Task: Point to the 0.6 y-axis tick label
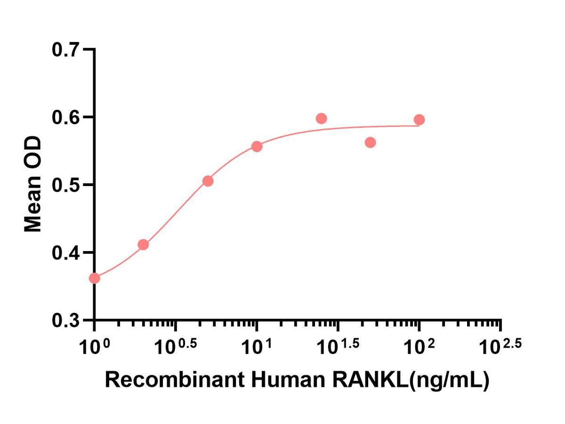pyautogui.click(x=67, y=117)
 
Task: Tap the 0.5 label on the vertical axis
pyautogui.click(x=67, y=185)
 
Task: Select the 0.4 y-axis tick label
pyautogui.click(x=67, y=253)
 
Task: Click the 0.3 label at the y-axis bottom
pyautogui.click(x=67, y=320)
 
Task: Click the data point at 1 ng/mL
pyautogui.click(x=95, y=278)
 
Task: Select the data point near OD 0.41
pyautogui.click(x=144, y=245)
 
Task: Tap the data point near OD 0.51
pyautogui.click(x=208, y=181)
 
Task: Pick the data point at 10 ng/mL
pyautogui.click(x=257, y=147)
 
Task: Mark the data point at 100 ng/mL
pyautogui.click(x=419, y=120)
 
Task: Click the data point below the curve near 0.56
pyautogui.click(x=370, y=142)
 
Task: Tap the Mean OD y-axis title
pyautogui.click(x=34, y=185)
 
